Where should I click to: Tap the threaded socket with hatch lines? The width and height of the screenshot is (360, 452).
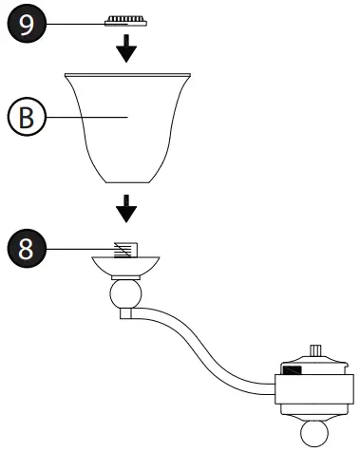(x=124, y=249)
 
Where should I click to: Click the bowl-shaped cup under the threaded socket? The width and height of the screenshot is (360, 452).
(x=124, y=266)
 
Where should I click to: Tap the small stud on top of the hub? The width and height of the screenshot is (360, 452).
(x=313, y=349)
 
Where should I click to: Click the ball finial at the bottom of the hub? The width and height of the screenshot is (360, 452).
(x=313, y=434)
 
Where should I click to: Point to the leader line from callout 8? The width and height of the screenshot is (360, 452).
(x=76, y=249)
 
